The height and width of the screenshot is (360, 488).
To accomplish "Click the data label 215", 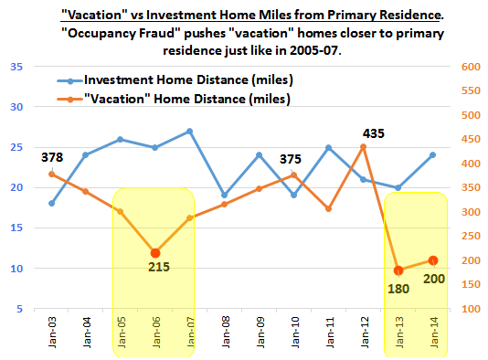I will (x=154, y=267).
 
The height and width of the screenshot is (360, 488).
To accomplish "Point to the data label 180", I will (x=398, y=289).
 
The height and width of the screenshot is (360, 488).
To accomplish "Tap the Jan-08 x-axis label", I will (x=225, y=333).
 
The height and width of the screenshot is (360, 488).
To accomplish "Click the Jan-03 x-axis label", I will (x=52, y=333).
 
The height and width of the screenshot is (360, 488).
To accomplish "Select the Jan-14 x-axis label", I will (x=433, y=333).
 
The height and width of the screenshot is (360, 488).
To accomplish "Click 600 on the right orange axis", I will (x=471, y=68).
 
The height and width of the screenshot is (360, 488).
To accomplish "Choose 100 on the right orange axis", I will (x=471, y=309).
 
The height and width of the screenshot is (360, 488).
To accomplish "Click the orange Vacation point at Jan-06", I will (x=155, y=252).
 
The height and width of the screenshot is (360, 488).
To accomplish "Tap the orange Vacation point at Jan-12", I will (x=364, y=146).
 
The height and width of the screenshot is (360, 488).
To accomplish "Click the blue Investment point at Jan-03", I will (x=52, y=203).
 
